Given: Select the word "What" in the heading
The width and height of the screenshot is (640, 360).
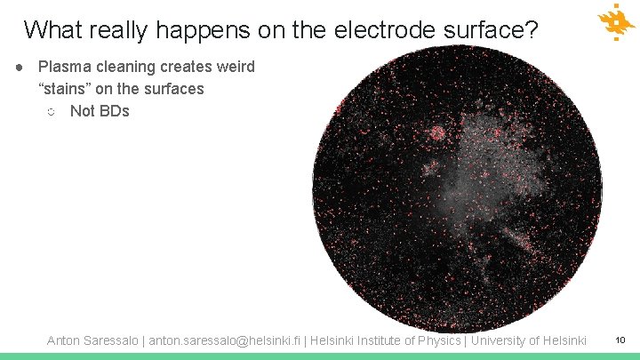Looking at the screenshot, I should tap(52, 30).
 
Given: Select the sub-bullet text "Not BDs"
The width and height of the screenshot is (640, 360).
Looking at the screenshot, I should tap(100, 111).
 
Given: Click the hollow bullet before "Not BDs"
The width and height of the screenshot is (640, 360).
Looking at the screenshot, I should tap(51, 112).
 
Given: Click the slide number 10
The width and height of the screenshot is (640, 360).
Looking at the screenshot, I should tap(620, 340).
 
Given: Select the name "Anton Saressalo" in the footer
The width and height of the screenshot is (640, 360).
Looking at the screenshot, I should tap(92, 340).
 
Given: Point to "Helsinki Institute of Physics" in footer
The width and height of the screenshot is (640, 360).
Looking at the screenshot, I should tap(386, 340).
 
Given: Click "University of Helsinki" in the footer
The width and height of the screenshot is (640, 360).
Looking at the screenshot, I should tap(528, 340).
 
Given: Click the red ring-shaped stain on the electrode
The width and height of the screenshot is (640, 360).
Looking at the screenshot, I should tap(437, 134).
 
